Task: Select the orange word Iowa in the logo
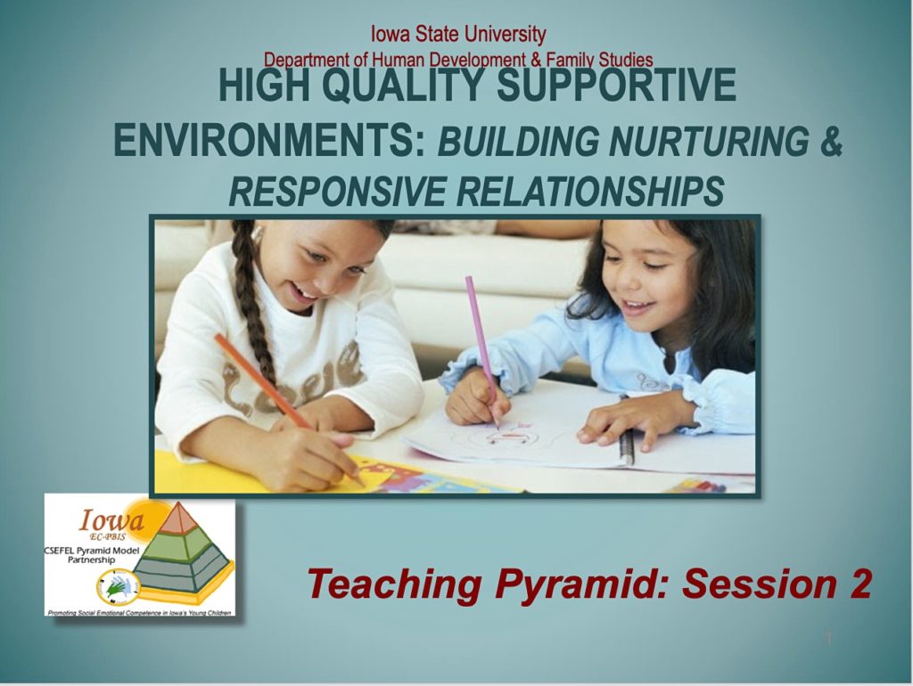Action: click(109, 519)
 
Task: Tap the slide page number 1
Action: click(828, 639)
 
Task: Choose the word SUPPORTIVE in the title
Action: click(615, 88)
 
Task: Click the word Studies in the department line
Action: click(624, 60)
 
